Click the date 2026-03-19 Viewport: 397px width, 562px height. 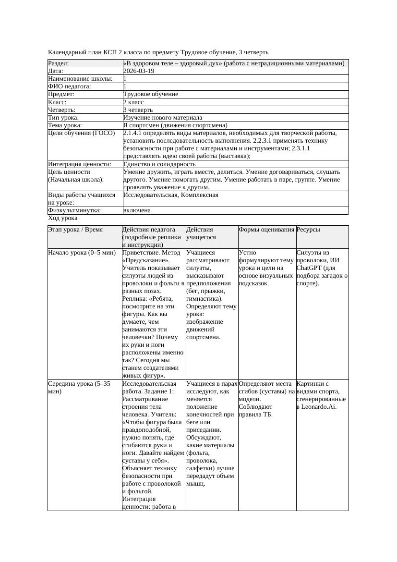pyautogui.click(x=139, y=71)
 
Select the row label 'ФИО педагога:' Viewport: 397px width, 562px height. pyautogui.click(x=70, y=86)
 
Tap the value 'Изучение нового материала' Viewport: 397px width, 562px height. pyautogui.click(x=162, y=118)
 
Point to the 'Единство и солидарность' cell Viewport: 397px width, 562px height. pyautogui.click(x=159, y=164)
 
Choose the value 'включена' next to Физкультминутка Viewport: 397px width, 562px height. pyautogui.click(x=137, y=210)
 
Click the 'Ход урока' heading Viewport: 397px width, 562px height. pyautogui.click(x=62, y=218)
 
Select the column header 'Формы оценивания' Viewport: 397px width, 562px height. pyautogui.click(x=266, y=230)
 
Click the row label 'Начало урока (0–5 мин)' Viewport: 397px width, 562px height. pyautogui.click(x=82, y=253)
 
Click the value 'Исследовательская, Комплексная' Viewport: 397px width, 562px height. pyautogui.click(x=170, y=195)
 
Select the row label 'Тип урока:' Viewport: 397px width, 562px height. pyautogui.click(x=63, y=118)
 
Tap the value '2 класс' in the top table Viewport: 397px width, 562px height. pyautogui.click(x=133, y=102)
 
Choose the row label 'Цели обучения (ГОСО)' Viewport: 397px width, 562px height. pyautogui.click(x=82, y=133)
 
